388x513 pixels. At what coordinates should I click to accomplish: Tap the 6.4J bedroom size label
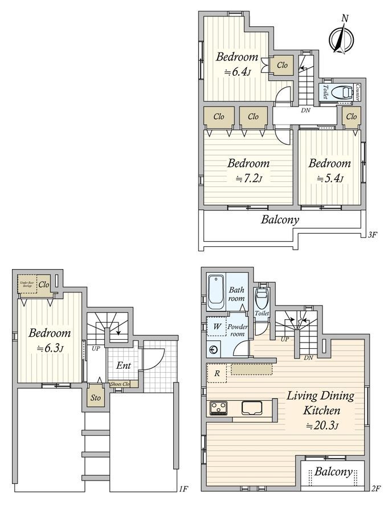238,72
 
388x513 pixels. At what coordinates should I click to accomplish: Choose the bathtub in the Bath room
216,292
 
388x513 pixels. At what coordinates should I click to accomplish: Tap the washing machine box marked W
217,327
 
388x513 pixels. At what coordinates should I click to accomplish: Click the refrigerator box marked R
217,373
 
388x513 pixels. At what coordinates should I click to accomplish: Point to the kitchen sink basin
252,408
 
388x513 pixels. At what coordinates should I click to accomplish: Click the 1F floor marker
183,488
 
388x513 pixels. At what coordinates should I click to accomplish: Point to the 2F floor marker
375,488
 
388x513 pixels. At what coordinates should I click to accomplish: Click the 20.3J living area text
322,425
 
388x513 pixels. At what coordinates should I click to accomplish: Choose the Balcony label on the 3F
280,219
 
